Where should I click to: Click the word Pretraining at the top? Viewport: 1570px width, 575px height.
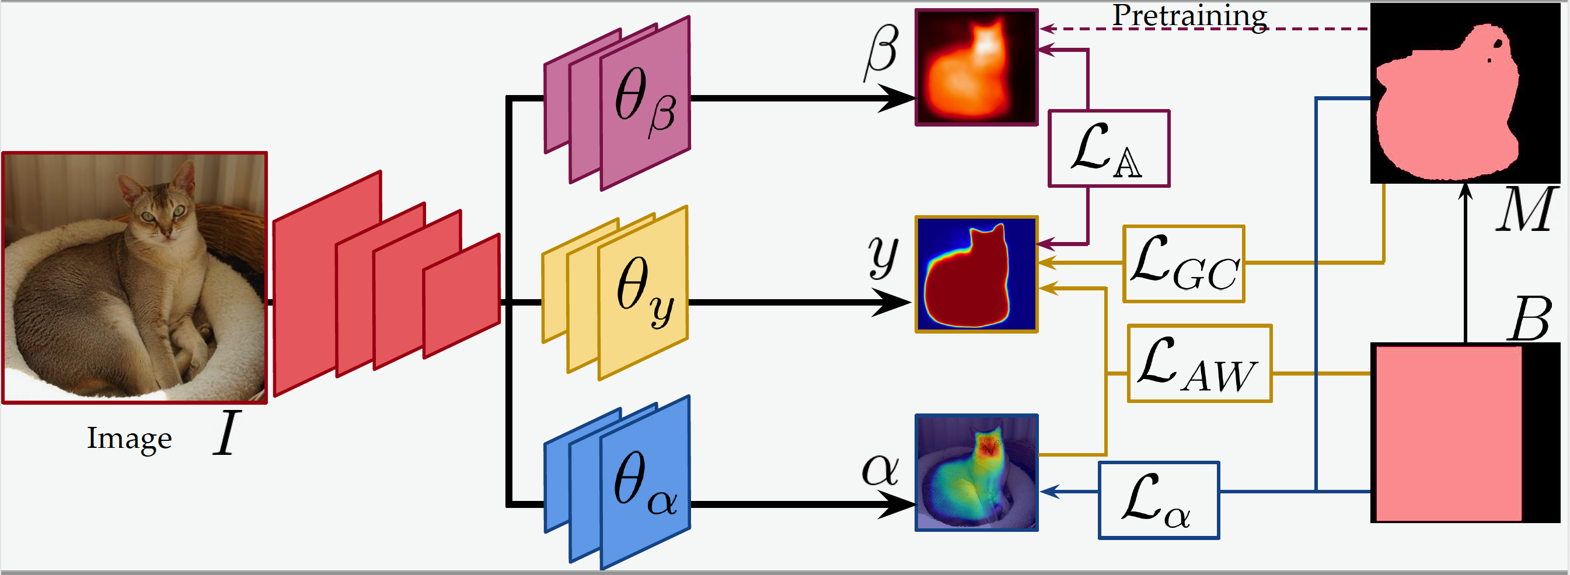[1189, 15]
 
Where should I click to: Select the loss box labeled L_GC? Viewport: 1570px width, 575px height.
[1184, 264]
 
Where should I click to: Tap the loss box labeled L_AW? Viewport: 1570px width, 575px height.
[1199, 363]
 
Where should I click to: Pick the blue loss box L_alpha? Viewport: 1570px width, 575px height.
[1158, 500]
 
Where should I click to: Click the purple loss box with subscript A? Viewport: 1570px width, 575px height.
[1108, 148]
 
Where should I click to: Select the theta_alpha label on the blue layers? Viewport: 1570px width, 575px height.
[645, 483]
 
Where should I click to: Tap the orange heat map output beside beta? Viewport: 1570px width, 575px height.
[976, 68]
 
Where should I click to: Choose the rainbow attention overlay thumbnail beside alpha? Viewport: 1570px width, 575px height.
[976, 473]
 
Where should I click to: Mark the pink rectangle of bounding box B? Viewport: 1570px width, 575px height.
[1447, 433]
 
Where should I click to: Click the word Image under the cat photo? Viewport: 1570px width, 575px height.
[129, 438]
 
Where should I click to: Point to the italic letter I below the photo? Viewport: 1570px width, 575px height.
[226, 433]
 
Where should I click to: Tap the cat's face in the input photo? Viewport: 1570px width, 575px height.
[161, 211]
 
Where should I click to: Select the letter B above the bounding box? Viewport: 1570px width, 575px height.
[1530, 318]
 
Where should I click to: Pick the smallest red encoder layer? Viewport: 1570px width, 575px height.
[462, 296]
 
